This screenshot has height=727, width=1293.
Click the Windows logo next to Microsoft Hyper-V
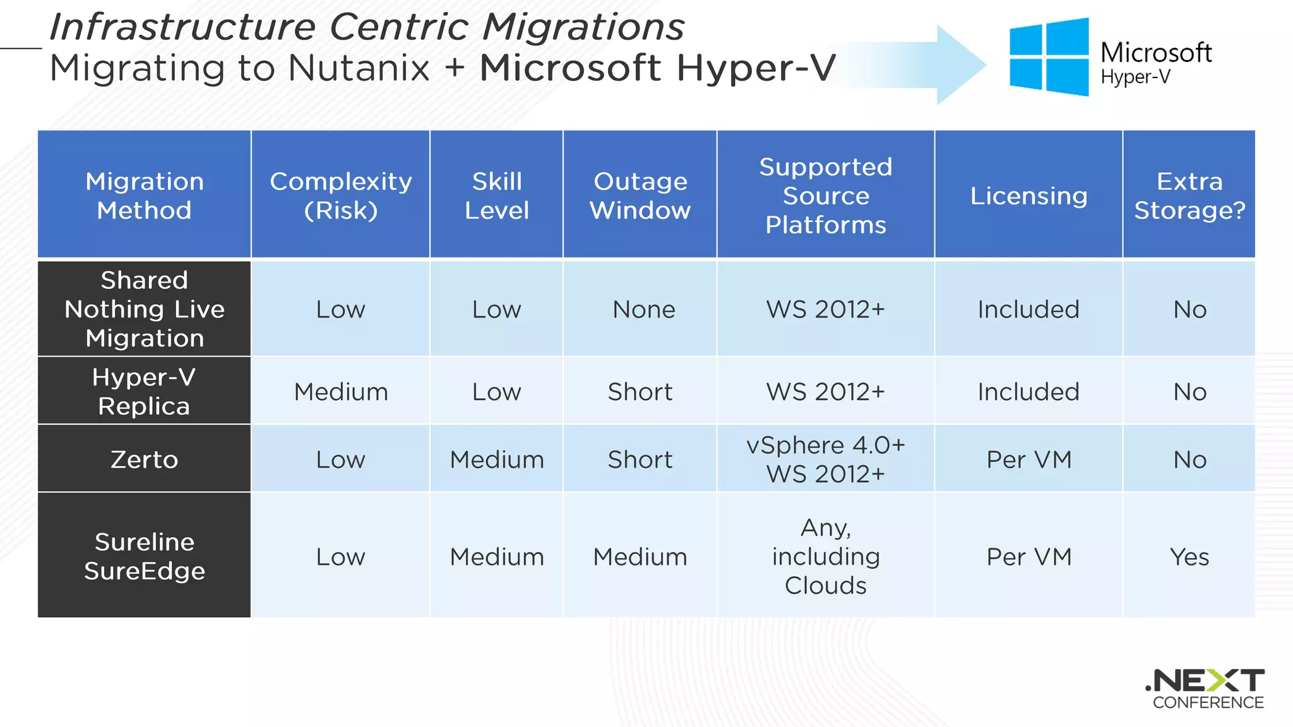click(1049, 57)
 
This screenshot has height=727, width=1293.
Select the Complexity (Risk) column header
click(340, 195)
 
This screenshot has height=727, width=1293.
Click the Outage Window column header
click(640, 195)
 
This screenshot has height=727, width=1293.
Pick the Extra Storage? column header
click(1189, 195)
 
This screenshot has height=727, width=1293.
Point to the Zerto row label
click(144, 459)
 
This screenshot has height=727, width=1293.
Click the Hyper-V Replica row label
click(144, 391)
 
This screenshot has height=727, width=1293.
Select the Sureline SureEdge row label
click(144, 556)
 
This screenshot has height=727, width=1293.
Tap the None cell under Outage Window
click(643, 309)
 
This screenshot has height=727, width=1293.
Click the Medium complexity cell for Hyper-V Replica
click(340, 392)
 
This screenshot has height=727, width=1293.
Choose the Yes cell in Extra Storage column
click(1189, 557)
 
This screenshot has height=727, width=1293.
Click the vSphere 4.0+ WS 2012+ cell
click(825, 459)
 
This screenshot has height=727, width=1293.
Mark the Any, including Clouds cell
click(825, 556)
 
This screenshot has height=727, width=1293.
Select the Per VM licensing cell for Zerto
click(1028, 459)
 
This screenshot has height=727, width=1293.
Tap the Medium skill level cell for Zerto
click(496, 459)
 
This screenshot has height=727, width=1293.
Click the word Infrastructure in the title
click(182, 27)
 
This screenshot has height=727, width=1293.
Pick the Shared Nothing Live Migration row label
click(144, 309)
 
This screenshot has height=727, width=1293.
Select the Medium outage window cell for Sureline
click(640, 557)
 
